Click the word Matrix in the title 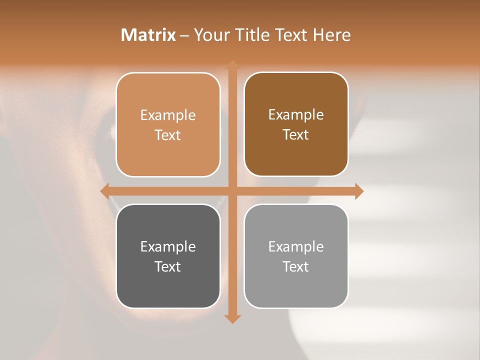pos(148,35)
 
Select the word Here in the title pos(331,35)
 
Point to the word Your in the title pos(210,35)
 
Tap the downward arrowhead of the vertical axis pos(232,318)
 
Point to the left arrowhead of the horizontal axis pos(105,191)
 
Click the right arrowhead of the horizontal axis pos(359,191)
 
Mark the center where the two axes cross pos(232,191)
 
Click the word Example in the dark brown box pos(296,114)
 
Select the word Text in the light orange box pos(168,135)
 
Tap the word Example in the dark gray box pos(168,246)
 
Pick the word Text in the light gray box pos(296,266)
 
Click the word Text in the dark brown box pos(296,135)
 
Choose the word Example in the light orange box pos(168,115)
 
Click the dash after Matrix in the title pos(184,35)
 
